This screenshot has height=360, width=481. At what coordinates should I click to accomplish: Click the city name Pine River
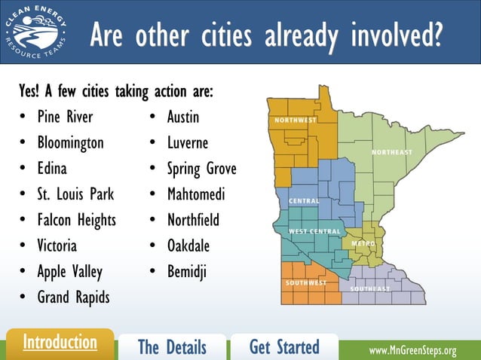pos(65,117)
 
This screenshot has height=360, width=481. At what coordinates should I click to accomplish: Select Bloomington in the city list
pos(71,143)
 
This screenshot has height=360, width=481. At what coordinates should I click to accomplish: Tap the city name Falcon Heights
pos(77,220)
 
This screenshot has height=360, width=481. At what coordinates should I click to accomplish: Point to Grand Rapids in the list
pos(73,297)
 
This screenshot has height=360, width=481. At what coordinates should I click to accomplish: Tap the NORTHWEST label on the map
pos(296,121)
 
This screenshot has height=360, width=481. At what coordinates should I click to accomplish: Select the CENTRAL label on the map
pos(304,201)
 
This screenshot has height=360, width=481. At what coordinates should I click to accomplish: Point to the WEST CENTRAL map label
pos(314,230)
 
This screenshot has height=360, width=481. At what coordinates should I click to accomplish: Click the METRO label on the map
pos(363,244)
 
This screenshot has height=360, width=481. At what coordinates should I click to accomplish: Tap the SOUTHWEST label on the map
pos(305,283)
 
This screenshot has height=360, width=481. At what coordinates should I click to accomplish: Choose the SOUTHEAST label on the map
pos(370,289)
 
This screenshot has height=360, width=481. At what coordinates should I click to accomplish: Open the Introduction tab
pos(60,343)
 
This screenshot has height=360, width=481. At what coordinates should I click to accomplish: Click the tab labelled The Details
pos(172,347)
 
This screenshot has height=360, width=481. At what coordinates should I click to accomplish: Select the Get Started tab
pos(284,347)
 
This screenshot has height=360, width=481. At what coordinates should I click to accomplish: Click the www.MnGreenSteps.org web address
pos(412,351)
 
